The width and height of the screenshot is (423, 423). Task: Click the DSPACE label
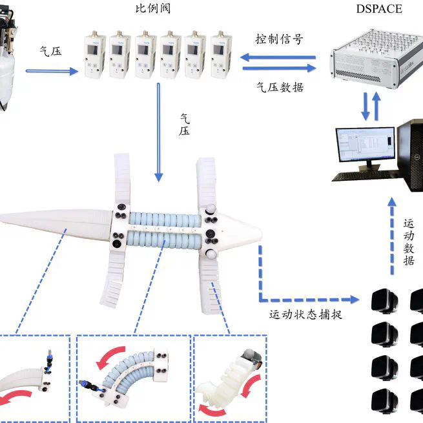click(x=379, y=9)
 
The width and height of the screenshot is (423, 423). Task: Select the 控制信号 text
click(x=278, y=39)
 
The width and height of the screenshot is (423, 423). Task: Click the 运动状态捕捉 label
click(x=305, y=315)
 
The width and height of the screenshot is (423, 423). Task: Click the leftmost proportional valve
click(x=96, y=55)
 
